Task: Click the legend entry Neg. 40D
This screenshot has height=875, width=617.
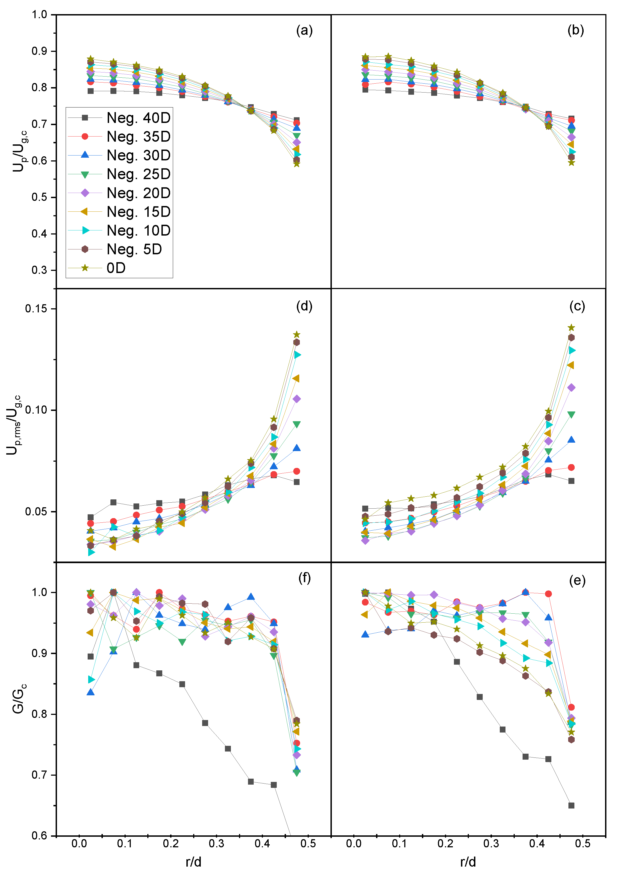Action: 138,118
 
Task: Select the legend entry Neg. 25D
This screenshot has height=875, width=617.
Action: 138,174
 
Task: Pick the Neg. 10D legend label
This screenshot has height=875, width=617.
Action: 138,231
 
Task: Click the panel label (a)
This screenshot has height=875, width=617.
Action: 304,30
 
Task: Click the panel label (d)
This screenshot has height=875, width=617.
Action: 304,306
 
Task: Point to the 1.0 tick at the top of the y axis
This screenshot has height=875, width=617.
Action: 39,15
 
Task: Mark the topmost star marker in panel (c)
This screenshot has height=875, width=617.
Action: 571,328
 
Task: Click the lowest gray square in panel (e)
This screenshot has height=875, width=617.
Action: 571,806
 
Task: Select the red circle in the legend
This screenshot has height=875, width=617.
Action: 85,137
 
